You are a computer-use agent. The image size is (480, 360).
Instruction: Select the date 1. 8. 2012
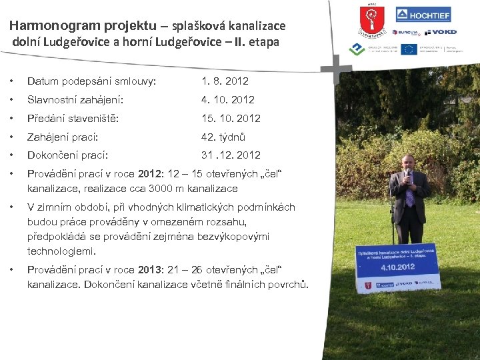tap(225, 81)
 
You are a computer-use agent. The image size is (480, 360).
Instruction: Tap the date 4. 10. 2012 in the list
tap(228, 100)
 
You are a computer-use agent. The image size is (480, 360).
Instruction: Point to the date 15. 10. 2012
tap(231, 119)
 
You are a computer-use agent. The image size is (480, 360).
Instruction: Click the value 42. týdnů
tap(223, 137)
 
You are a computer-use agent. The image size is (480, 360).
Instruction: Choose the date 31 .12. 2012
tap(231, 155)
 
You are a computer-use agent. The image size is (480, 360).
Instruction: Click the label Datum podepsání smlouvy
tap(91, 81)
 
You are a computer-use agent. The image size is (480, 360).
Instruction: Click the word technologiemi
tap(61, 251)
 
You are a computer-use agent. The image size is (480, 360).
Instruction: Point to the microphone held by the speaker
tap(407, 175)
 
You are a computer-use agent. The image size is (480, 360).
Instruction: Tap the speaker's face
tap(408, 163)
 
